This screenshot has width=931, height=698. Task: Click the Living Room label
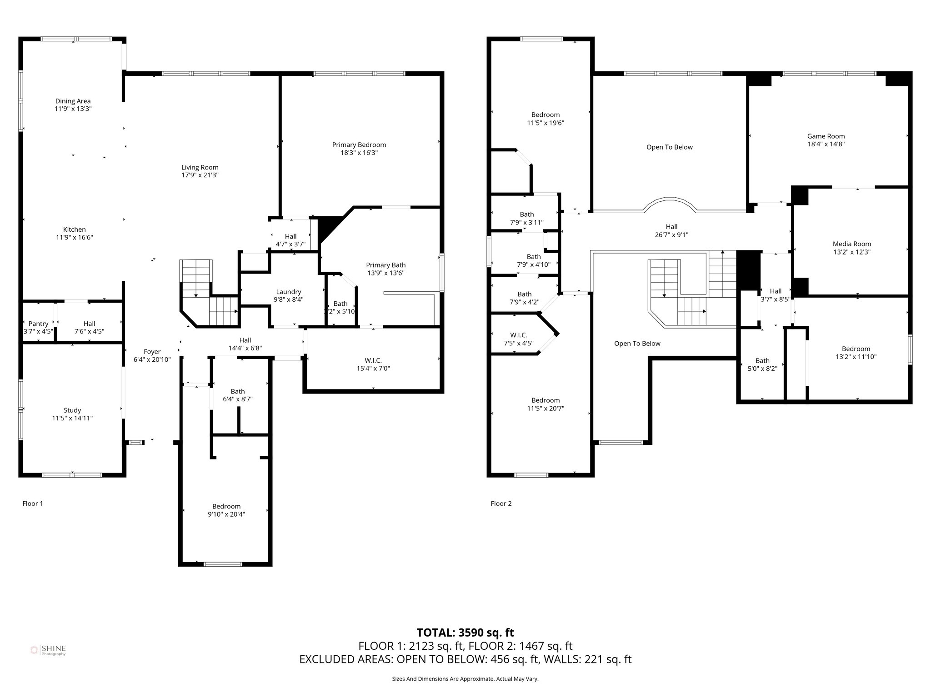pos(200,167)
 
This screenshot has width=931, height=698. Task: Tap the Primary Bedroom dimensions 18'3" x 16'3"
pos(359,153)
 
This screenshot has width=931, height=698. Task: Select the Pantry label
pos(38,324)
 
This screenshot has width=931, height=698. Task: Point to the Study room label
pos(72,410)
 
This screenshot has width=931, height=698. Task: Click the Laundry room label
pos(289,292)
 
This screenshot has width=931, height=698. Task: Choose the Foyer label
pos(152,352)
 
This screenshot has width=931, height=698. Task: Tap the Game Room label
pos(826,136)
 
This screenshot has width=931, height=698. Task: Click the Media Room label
pos(852,244)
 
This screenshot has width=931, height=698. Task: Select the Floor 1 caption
pos(33,504)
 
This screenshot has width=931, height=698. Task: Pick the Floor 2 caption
pos(501,504)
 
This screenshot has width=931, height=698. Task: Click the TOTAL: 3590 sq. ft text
pos(465,633)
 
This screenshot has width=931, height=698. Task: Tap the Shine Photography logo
pos(48,650)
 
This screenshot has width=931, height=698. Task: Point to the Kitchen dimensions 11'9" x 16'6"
pos(75,237)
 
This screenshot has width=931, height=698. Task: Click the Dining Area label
pos(73,101)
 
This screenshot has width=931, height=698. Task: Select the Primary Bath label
pos(386,265)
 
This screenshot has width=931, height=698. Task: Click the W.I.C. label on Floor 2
pos(519,335)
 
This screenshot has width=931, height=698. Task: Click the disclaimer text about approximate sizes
pos(465,679)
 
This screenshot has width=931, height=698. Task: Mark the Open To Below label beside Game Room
pos(670,147)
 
